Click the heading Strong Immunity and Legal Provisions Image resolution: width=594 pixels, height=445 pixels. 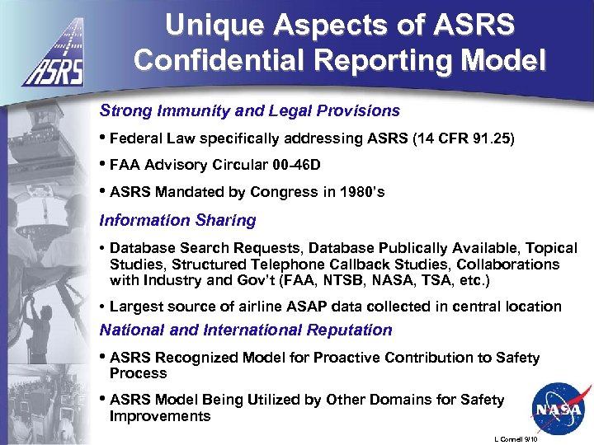pyautogui.click(x=249, y=110)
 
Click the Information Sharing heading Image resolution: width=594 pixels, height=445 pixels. pyautogui.click(x=177, y=220)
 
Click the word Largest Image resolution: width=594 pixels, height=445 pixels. pyautogui.click(x=134, y=307)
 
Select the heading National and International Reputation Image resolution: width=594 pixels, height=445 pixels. pyautogui.click(x=246, y=330)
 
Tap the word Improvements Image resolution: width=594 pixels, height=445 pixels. pyautogui.click(x=160, y=415)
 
